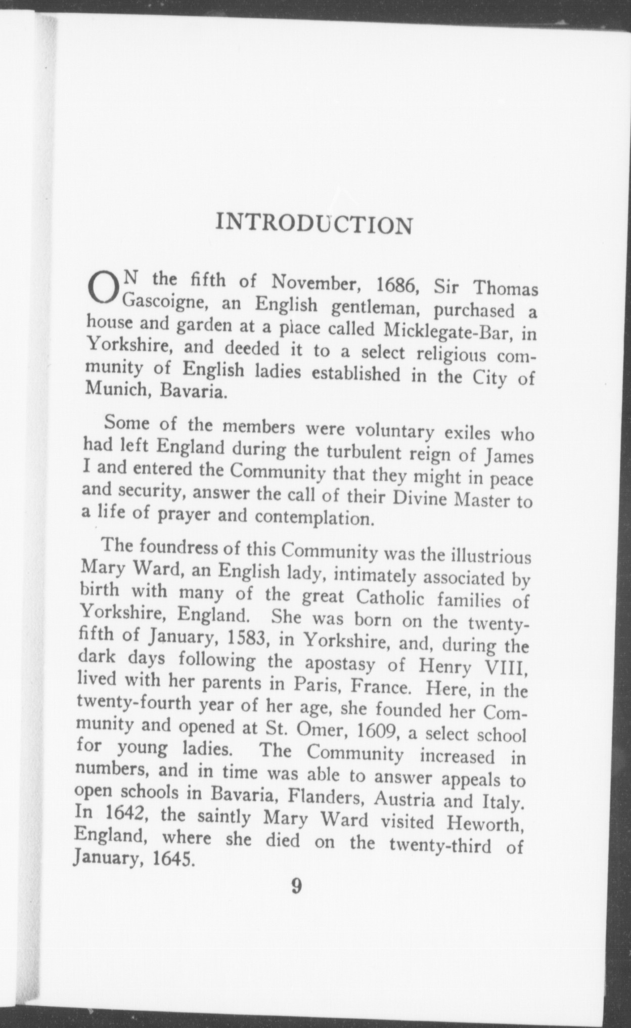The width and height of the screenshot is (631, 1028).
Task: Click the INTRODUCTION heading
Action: (x=313, y=224)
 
